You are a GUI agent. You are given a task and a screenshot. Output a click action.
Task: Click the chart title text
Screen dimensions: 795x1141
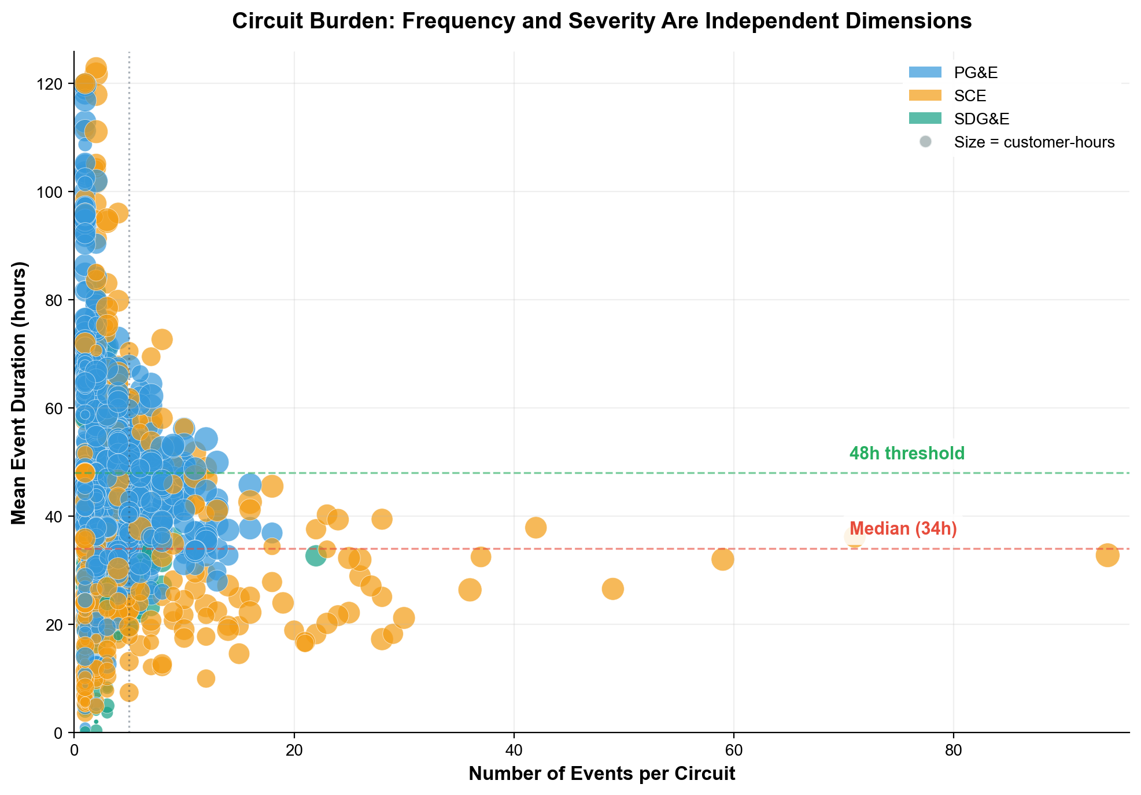pyautogui.click(x=601, y=21)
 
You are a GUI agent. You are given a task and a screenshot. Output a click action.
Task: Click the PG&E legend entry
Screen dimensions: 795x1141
pyautogui.click(x=976, y=73)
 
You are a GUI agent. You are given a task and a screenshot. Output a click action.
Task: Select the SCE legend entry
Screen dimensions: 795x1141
pyautogui.click(x=970, y=96)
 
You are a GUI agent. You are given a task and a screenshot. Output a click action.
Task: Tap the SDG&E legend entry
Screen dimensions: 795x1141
pyautogui.click(x=981, y=119)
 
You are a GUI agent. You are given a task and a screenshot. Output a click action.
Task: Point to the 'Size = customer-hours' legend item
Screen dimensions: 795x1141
pyautogui.click(x=1034, y=142)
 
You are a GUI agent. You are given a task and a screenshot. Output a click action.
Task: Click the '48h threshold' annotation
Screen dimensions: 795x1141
pyautogui.click(x=906, y=453)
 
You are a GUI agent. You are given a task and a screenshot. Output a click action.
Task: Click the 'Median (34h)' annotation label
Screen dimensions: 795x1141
pyautogui.click(x=903, y=529)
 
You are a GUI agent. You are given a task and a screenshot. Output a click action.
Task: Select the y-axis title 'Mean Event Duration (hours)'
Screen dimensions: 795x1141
pyautogui.click(x=19, y=393)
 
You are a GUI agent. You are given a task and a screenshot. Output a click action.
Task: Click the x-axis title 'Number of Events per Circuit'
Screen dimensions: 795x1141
pyautogui.click(x=601, y=774)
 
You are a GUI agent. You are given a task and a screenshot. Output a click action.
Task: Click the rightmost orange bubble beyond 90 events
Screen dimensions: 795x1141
pyautogui.click(x=1107, y=555)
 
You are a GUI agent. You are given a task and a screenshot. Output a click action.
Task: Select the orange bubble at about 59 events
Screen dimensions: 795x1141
pyautogui.click(x=722, y=560)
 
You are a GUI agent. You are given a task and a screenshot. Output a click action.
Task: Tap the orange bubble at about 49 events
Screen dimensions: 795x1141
pyautogui.click(x=612, y=589)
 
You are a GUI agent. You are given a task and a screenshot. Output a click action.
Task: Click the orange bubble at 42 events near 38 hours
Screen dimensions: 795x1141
pyautogui.click(x=536, y=527)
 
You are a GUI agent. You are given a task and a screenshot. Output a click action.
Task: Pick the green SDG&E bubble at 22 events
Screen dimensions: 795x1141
pyautogui.click(x=316, y=556)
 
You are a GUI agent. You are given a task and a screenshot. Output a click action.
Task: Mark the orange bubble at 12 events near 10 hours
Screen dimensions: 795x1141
pyautogui.click(x=206, y=678)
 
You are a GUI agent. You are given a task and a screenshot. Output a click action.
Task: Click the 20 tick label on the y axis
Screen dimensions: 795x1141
pyautogui.click(x=56, y=625)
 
